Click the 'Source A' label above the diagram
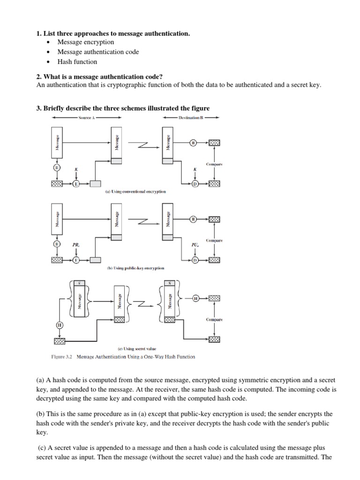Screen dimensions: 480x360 coord(87,118)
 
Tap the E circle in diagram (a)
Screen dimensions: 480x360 coord(76,184)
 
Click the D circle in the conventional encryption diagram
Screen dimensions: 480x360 coord(195,184)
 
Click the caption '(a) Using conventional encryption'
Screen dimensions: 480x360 coord(135,191)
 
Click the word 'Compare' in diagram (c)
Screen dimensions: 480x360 coord(214,320)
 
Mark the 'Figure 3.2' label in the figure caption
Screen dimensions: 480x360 coord(62,357)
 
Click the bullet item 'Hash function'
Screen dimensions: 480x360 coord(77,61)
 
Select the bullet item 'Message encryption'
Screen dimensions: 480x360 coord(86,42)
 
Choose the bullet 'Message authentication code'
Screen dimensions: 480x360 coord(98,52)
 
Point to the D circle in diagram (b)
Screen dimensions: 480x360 coord(195,260)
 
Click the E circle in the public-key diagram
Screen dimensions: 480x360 coord(76,260)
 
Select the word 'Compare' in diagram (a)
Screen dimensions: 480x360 coord(214,165)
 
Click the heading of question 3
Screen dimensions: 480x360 coord(123,108)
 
